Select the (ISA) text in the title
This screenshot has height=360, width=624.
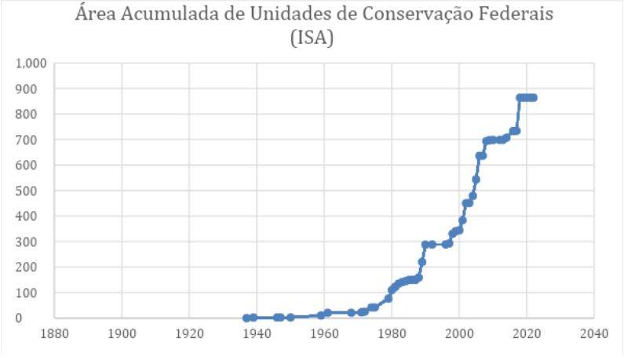[312, 38]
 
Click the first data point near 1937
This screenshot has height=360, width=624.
[246, 318]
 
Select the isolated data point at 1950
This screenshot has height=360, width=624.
[290, 317]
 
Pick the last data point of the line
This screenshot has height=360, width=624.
[534, 97]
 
